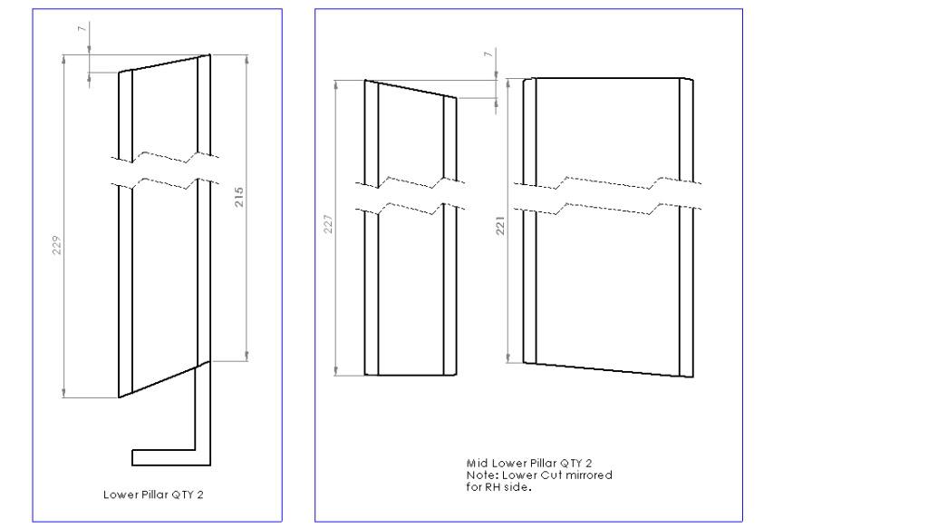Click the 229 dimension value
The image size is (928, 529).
pyautogui.click(x=57, y=245)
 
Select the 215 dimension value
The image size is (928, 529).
pyautogui.click(x=239, y=197)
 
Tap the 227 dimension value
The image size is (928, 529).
pyautogui.click(x=328, y=224)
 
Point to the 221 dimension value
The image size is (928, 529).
pyautogui.click(x=500, y=226)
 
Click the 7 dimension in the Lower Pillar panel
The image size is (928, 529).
pyautogui.click(x=82, y=28)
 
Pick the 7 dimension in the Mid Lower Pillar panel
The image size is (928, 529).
pyautogui.click(x=488, y=54)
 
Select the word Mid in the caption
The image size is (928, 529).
pyautogui.click(x=477, y=464)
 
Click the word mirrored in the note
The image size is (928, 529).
pyautogui.click(x=589, y=475)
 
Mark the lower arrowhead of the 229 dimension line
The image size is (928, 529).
pyautogui.click(x=63, y=393)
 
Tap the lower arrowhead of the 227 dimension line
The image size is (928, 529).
pyautogui.click(x=336, y=371)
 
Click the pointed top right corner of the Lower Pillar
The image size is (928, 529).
pyautogui.click(x=210, y=55)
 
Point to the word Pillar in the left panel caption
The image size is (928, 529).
pyautogui.click(x=153, y=495)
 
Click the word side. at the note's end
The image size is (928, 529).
pyautogui.click(x=517, y=487)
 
